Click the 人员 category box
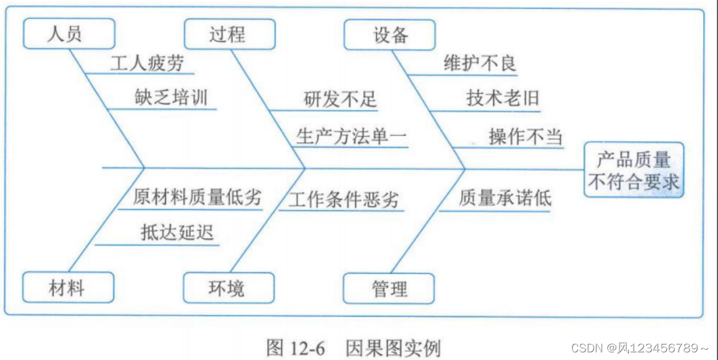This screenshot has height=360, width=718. coord(69,34)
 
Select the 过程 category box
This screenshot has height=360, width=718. coord(230,34)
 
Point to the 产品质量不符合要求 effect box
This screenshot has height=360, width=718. coord(633,169)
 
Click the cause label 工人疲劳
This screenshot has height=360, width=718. coord(147,64)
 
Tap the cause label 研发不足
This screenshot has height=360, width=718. coord(340,99)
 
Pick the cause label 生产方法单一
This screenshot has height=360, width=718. coord(351,136)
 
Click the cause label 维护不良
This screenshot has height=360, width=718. coord(480,63)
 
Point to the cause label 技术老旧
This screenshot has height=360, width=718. coord(502,98)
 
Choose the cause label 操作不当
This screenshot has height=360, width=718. coord(525,136)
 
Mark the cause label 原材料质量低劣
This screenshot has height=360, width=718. coord(197,197)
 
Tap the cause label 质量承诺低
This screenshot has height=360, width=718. coord(505,198)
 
